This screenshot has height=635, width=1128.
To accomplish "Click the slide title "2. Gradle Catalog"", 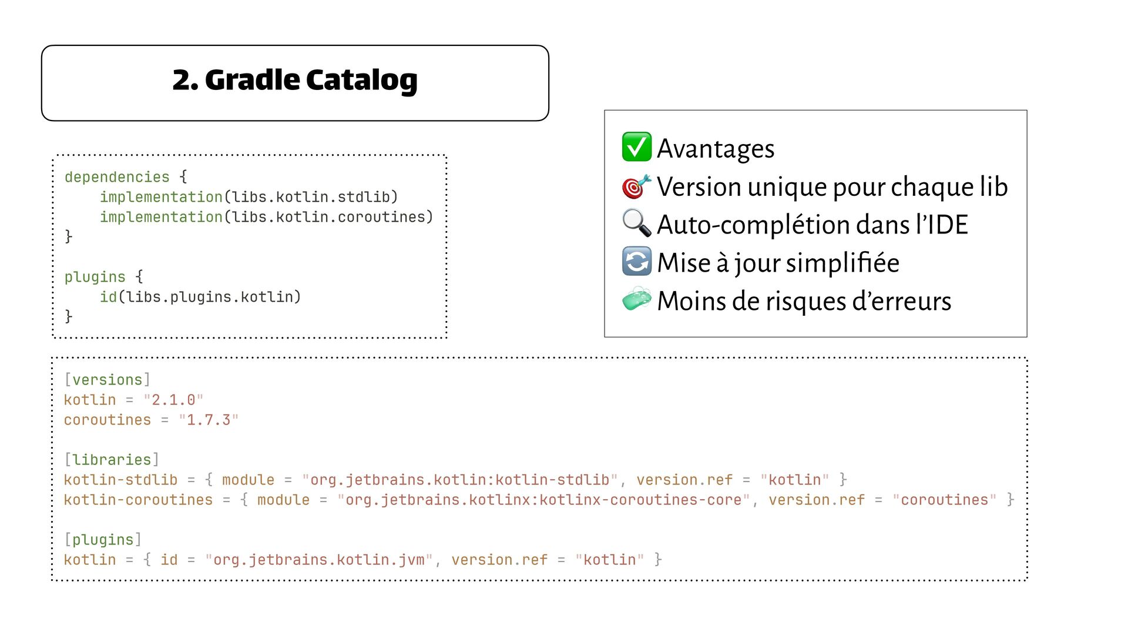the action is pos(295,81).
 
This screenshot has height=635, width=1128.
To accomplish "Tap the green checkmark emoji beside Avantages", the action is pos(636,147).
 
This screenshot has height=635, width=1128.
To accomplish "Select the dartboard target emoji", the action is pos(636,186).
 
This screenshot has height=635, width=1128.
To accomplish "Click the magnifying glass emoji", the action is pos(636,224).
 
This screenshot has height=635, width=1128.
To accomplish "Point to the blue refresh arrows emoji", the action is pos(636,262).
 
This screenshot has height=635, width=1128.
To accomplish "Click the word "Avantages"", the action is pos(716,148).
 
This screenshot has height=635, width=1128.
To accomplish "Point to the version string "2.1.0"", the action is pos(173,400).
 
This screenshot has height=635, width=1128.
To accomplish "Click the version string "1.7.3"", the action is pos(209,420).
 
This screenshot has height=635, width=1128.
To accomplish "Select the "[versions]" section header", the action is pos(107,380).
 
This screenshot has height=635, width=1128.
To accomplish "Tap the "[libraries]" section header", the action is pos(112,460).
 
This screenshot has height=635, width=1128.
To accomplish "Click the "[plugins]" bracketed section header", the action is pos(103,540).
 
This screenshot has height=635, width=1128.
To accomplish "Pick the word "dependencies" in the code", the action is pos(117,177).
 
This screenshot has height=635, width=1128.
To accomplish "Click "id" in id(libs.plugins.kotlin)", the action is pos(108,297).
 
